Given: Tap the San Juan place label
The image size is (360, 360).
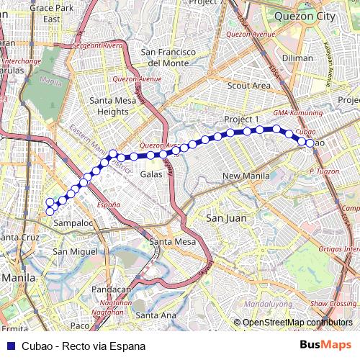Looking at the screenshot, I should point(226,217).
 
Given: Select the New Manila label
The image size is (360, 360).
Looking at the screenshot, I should point(246,176).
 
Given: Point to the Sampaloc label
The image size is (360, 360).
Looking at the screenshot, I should point(73,224).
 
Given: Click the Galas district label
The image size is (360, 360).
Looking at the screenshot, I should point(151,174).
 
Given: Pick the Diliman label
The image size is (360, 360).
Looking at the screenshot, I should point(297,58).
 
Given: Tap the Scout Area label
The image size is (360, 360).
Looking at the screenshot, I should point(248,85).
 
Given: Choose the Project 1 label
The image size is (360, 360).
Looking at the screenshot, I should point(241,119).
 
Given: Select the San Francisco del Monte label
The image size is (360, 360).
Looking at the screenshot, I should point(168,58).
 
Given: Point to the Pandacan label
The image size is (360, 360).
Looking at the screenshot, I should point(112,289).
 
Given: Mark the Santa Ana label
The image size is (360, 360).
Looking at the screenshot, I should point(155,315).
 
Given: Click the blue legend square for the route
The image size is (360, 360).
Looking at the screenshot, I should point(9,346).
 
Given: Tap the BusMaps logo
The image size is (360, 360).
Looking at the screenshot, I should point(325,345).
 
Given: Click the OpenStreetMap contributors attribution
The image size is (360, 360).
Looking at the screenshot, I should point(296,323).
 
